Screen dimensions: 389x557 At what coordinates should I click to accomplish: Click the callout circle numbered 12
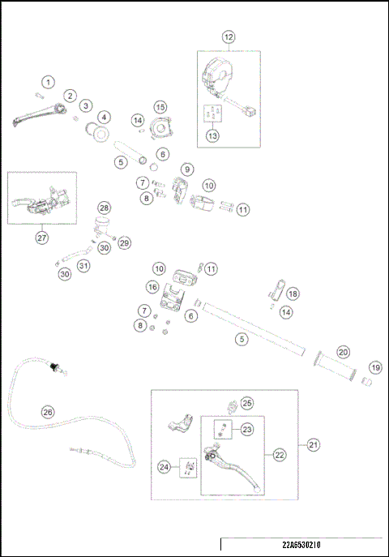(229, 37)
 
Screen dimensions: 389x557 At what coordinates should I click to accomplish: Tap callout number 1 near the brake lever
(49, 83)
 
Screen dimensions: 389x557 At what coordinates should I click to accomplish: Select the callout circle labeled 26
(48, 412)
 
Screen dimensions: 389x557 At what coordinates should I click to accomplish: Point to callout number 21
(313, 444)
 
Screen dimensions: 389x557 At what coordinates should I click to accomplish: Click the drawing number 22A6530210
(301, 545)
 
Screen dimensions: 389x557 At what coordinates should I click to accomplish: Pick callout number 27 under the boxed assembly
(42, 238)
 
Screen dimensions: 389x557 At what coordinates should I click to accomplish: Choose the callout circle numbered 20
(343, 352)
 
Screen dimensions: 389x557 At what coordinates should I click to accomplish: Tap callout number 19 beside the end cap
(375, 367)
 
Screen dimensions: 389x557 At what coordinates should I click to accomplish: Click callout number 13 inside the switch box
(212, 135)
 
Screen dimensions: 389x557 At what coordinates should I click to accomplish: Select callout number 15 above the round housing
(160, 107)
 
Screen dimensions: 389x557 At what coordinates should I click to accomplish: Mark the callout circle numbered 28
(104, 208)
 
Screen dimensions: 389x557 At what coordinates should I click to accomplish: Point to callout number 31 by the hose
(83, 265)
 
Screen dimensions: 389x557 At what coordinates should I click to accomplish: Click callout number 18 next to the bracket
(293, 293)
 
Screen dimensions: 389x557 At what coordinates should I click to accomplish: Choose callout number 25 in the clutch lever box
(247, 403)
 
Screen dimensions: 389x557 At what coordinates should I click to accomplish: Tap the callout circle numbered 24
(164, 467)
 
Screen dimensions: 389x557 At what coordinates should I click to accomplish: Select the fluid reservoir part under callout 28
(102, 224)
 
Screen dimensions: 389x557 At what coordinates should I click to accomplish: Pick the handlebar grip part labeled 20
(335, 366)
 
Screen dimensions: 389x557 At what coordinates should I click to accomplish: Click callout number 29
(124, 242)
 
